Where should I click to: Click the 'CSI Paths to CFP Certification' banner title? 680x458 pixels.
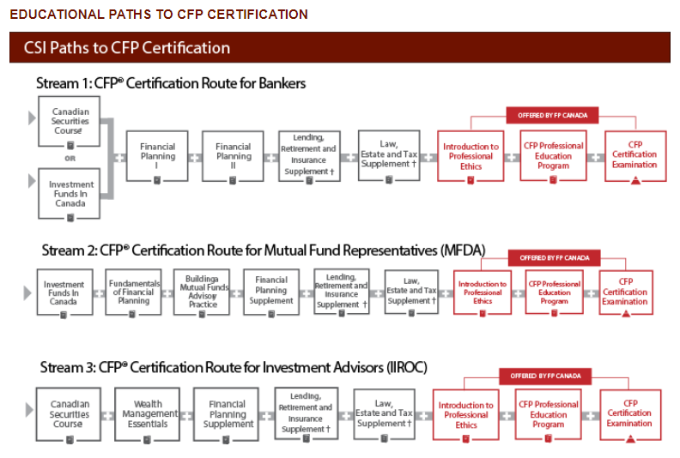[127, 48]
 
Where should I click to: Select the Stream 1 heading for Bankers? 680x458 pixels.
[171, 84]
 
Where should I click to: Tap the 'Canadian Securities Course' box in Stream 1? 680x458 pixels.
[70, 122]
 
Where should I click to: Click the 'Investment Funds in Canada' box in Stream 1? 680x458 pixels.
[70, 193]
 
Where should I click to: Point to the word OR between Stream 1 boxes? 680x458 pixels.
[70, 158]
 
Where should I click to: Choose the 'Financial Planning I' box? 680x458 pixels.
[157, 156]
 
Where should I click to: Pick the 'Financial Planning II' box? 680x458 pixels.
[233, 156]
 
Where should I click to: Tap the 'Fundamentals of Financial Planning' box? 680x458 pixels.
[134, 292]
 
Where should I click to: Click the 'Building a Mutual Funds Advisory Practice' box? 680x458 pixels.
[203, 292]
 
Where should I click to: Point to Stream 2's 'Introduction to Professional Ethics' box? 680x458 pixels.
[483, 292]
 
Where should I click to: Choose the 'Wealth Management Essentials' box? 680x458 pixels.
[148, 414]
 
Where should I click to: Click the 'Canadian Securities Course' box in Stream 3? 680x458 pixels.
[70, 414]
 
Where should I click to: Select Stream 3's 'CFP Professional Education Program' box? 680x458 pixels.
[549, 414]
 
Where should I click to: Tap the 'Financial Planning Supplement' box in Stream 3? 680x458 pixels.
[228, 414]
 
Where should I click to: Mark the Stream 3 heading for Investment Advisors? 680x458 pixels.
[234, 368]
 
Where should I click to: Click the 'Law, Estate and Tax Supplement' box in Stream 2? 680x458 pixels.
[411, 292]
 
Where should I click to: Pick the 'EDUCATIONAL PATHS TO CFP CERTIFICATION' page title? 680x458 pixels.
[159, 15]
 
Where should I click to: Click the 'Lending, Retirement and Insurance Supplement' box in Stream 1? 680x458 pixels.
[308, 156]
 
